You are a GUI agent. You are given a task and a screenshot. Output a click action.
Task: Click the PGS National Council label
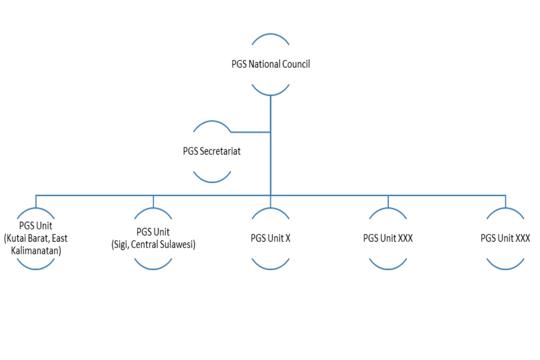coord(271,65)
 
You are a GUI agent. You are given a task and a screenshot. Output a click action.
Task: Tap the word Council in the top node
coord(296,65)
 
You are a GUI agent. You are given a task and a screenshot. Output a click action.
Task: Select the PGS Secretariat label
coord(212,152)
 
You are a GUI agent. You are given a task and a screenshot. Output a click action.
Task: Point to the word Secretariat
coord(220,152)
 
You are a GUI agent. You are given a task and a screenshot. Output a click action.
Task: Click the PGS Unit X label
coord(271,238)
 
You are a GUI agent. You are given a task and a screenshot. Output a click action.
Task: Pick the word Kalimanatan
coord(36,250)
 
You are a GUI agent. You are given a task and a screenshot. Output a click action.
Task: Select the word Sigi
coord(120,244)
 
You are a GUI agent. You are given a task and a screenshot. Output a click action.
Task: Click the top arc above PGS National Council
coord(271,35)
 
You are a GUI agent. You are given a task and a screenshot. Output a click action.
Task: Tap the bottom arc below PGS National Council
coord(271,94)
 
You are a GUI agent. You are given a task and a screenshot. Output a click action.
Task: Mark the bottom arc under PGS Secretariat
coord(212,181)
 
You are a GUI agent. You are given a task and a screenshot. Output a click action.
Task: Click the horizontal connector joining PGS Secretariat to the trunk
coord(251,132)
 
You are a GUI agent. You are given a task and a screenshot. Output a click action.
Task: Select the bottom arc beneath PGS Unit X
coord(271,268)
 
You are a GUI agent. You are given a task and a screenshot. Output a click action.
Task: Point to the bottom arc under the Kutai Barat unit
coord(36,268)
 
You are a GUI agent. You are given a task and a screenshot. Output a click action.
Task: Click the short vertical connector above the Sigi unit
coord(153,201)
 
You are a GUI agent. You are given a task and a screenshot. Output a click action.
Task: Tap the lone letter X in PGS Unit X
coord(288,238)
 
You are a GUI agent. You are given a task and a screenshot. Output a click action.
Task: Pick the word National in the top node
coord(265,65)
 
